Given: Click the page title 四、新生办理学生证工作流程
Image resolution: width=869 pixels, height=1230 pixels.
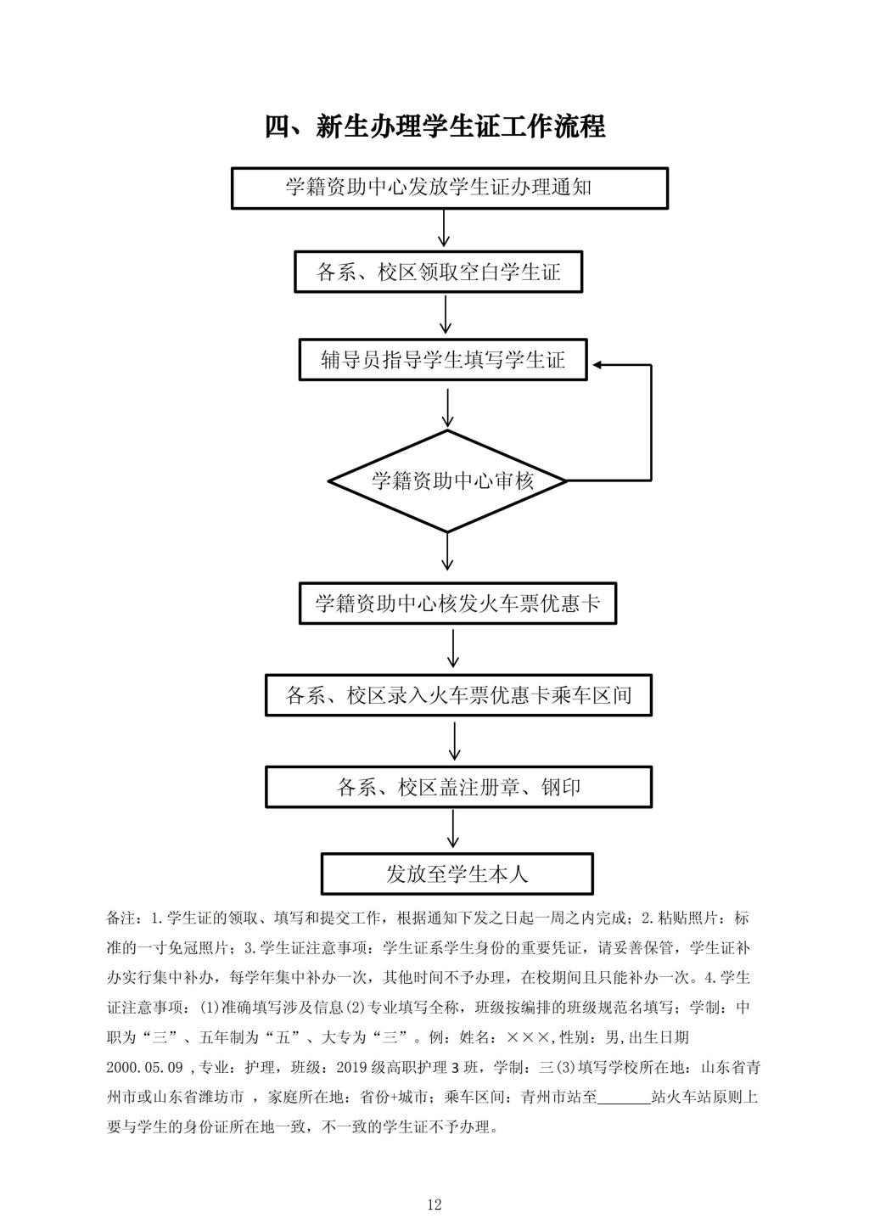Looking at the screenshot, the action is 434,126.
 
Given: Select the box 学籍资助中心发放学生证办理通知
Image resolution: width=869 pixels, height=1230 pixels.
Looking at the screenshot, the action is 449,188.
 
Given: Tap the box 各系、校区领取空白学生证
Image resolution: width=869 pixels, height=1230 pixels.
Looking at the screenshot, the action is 438,272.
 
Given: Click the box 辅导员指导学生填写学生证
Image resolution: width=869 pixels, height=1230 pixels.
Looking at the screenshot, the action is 442,360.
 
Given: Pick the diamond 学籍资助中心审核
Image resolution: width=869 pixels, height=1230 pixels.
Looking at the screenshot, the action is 447,481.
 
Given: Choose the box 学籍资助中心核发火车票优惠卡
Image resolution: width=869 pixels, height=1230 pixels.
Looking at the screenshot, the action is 457,604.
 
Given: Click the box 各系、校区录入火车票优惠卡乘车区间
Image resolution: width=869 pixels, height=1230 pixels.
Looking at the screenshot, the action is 458,695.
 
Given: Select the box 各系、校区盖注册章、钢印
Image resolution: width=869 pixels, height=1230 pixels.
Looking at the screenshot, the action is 458,788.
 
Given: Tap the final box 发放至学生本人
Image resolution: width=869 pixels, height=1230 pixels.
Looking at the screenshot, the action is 457,873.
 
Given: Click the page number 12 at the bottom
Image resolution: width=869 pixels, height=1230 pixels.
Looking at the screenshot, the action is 434,1205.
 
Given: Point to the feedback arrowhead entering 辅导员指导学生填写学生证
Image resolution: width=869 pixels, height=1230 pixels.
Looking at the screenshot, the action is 598,365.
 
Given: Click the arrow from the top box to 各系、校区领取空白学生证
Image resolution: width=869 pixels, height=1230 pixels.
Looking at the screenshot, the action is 444,228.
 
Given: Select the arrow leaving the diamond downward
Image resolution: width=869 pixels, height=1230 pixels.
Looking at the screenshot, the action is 447,551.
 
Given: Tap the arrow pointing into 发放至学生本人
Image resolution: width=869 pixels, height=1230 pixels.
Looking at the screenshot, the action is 453,828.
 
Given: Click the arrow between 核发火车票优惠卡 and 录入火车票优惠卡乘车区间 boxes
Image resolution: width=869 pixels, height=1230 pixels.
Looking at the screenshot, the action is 453,649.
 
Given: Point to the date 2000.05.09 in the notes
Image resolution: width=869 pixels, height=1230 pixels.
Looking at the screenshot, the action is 144,1068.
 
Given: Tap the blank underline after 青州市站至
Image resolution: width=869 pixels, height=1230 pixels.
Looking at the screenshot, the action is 624,1104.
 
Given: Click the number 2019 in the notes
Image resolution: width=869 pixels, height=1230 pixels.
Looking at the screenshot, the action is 352,1068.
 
